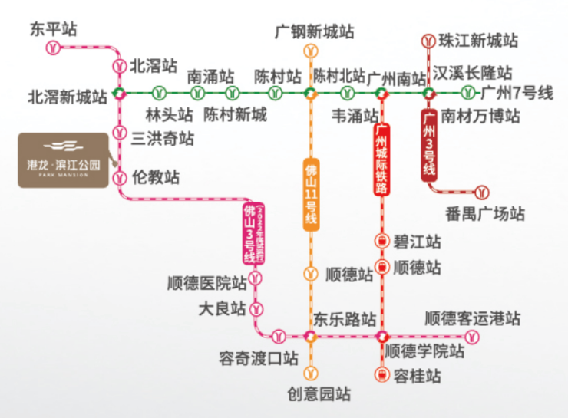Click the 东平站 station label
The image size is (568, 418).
pos(54,29)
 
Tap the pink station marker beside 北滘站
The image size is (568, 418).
pos(119,66)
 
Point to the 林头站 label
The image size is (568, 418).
pos(170,116)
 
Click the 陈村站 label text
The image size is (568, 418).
pos(278,77)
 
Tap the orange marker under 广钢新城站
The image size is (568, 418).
pos(310,52)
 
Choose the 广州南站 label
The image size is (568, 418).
pos(396,78)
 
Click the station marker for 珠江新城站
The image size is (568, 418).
pos(430,40)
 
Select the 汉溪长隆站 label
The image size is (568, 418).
pos(472,74)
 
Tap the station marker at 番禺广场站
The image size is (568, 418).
pos(482,190)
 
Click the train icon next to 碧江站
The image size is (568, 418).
pos(381,241)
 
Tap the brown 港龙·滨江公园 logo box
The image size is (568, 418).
pos(64,160)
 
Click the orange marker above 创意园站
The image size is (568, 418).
pos(310,374)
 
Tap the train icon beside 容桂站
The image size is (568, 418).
pos(381,374)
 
